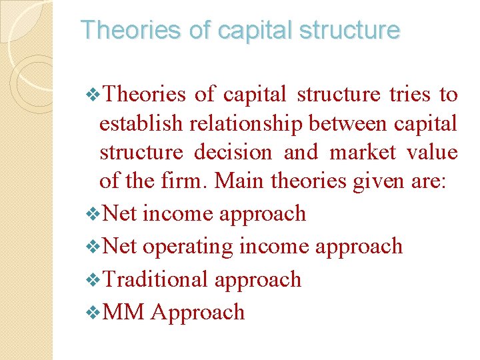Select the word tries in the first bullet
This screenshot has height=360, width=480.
coord(410,95)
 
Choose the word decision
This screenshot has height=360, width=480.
coord(233,152)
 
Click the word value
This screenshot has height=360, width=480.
coord(433,152)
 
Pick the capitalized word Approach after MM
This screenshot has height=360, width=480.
coord(198,311)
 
